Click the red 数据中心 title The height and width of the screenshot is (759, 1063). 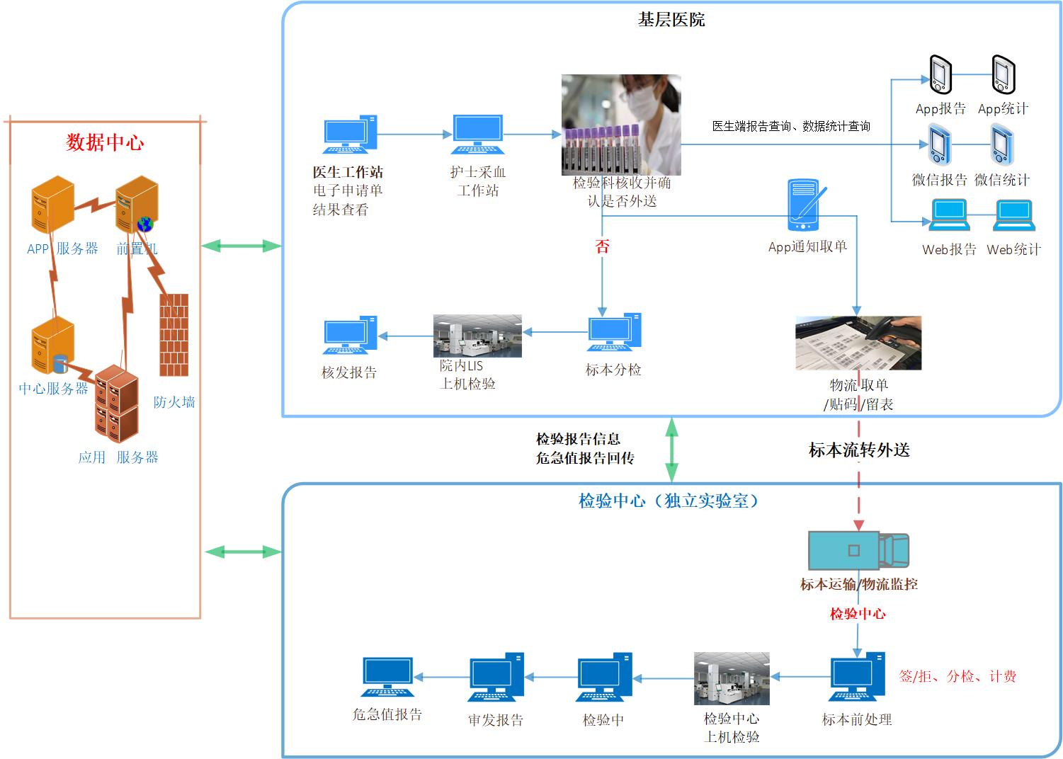coord(105,142)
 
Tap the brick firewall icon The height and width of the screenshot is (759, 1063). coord(174,334)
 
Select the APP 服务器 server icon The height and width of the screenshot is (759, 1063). coord(53,205)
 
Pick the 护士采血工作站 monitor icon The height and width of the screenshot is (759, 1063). coord(477,135)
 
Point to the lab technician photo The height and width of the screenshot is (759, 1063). coord(621,124)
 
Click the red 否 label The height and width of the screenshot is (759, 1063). coord(602,246)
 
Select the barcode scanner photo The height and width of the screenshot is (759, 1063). coord(858,343)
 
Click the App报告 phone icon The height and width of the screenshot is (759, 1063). coord(940,74)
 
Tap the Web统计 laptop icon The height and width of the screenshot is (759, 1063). coord(1014,215)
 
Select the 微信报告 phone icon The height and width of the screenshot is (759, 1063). coord(940,144)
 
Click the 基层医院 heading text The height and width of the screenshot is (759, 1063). coord(671,20)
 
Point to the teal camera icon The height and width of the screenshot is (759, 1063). coord(858,550)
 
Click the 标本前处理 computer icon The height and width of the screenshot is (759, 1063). coord(857,677)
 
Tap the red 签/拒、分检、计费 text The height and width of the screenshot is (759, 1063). coord(957,676)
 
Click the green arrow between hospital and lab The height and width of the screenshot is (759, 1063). coord(671,450)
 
